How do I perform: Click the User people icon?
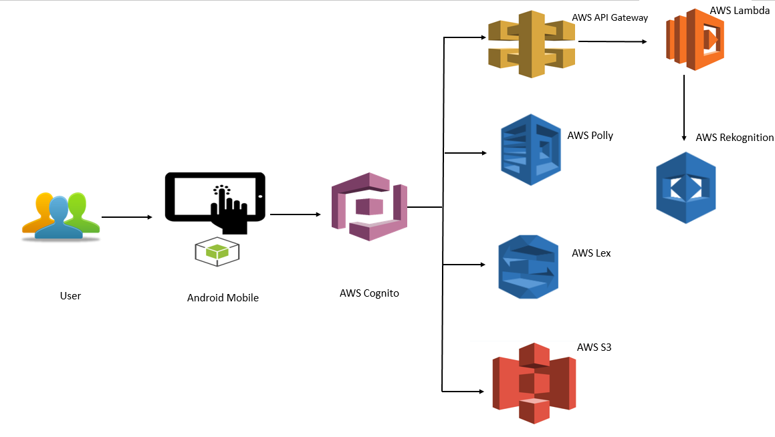(61, 215)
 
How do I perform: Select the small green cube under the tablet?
(217, 251)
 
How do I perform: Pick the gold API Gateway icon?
(532, 44)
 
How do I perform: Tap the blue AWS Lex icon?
(528, 266)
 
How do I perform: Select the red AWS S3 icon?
(534, 383)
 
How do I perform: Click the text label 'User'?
(70, 295)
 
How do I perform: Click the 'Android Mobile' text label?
(223, 298)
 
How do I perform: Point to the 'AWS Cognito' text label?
(369, 293)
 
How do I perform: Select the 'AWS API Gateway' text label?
(610, 17)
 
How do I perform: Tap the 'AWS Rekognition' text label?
(734, 138)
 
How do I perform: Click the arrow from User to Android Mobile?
(127, 217)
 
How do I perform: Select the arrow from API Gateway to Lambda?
(613, 41)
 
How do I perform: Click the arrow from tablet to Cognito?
(294, 214)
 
